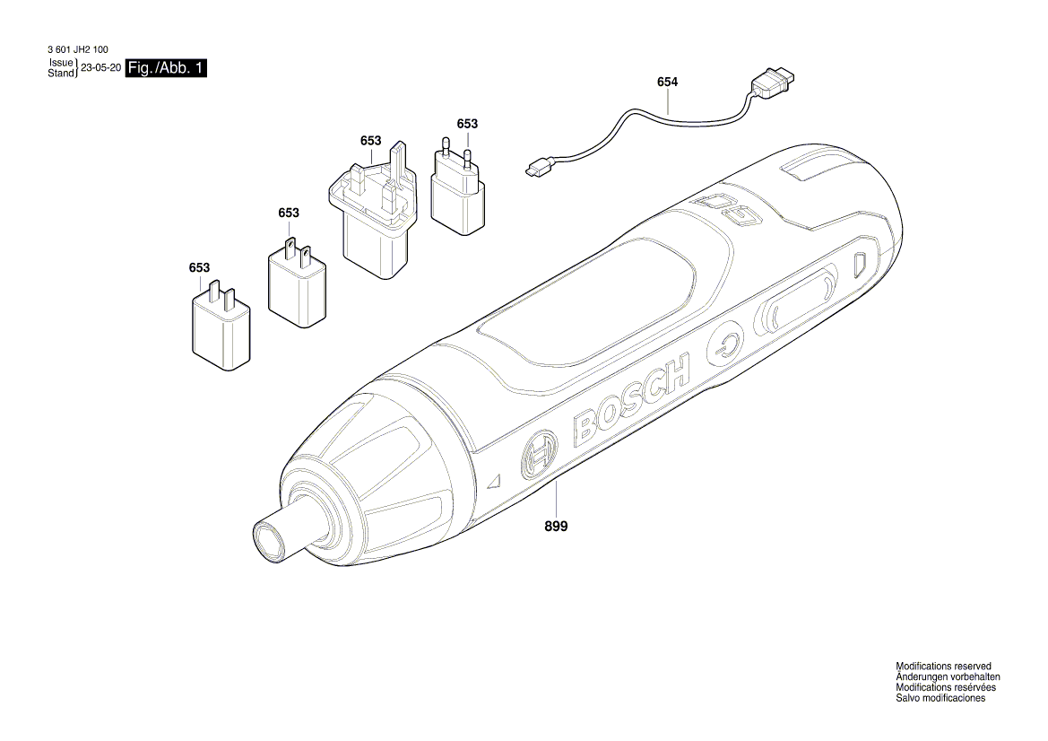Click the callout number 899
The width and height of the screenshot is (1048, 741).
(x=555, y=527)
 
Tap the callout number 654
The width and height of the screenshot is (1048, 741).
(x=667, y=82)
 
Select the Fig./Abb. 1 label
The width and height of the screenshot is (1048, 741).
(x=167, y=68)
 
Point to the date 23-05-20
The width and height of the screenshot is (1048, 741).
(x=100, y=68)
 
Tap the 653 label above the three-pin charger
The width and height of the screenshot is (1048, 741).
(x=371, y=141)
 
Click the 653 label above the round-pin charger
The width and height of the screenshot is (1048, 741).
(x=467, y=124)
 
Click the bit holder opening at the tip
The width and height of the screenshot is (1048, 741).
(x=269, y=542)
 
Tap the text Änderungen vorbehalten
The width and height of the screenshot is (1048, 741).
(x=948, y=676)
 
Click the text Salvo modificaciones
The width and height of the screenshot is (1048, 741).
(x=940, y=698)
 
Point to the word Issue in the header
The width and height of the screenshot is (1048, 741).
(x=60, y=64)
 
